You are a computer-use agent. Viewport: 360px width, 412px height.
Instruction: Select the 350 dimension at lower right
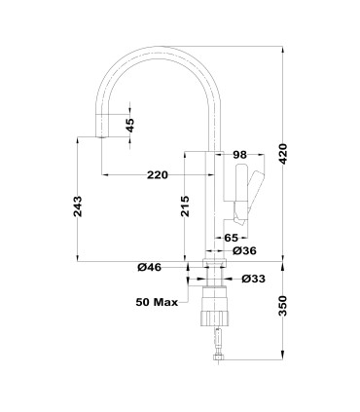coord(284,309)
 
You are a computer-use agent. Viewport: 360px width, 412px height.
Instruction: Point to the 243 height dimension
coord(78,206)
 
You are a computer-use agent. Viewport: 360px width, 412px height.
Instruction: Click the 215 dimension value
coord(186,206)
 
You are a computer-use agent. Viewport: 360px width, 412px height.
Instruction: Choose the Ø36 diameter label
coord(244,251)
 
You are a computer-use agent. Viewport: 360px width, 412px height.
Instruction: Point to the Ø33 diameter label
coord(253,280)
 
